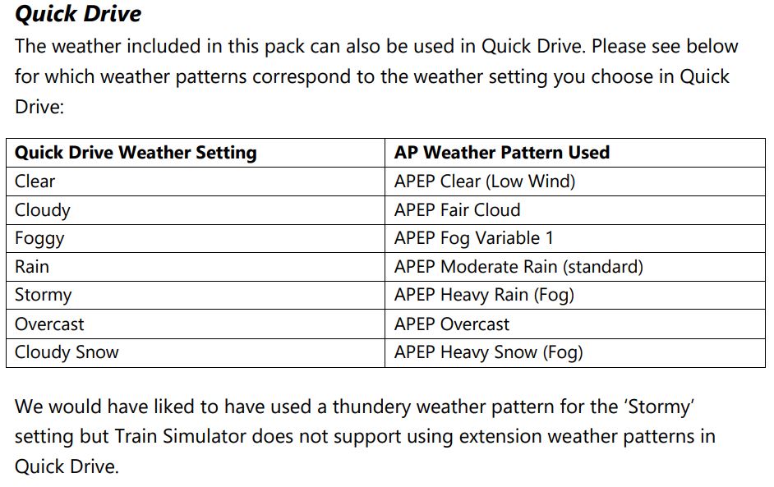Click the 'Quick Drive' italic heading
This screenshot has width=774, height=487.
[x=78, y=13]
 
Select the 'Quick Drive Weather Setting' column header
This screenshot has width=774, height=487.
[x=136, y=153]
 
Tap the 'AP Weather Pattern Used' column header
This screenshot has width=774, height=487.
[x=502, y=153]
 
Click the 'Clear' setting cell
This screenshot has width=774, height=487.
[x=35, y=181]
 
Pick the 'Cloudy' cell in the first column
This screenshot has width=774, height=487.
[x=43, y=210]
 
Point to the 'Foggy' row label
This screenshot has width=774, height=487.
[x=39, y=239]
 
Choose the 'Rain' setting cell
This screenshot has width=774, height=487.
[x=31, y=267]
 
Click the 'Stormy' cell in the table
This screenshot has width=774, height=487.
[x=43, y=296]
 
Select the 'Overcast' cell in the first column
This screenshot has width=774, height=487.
[x=49, y=324]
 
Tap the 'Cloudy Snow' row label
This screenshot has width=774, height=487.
[x=67, y=352]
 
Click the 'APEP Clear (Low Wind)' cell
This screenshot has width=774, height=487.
[x=485, y=181]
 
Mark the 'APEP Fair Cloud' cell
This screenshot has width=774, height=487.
[x=457, y=210]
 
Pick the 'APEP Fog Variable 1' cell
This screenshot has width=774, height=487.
[x=473, y=239]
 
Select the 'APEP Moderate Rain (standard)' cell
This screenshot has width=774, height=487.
[x=518, y=267]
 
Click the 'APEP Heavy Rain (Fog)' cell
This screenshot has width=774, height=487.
[x=484, y=296]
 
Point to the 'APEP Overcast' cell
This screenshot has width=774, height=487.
[x=452, y=324]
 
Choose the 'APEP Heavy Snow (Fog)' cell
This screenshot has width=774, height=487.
[x=489, y=352]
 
